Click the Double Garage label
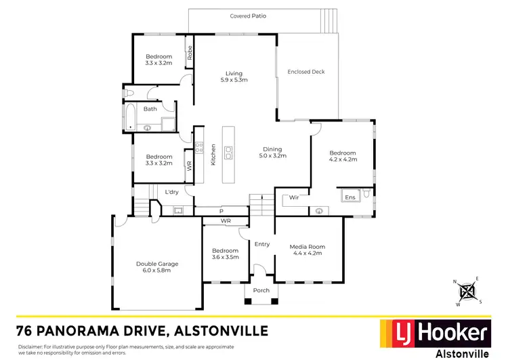tap(153, 264)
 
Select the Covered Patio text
tap(247, 16)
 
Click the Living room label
tap(234, 74)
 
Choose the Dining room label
tap(273, 149)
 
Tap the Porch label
tap(261, 290)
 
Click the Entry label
tap(262, 244)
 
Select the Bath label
tap(150, 108)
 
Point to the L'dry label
tap(171, 192)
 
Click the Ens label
tap(350, 197)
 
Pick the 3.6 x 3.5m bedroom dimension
tap(226, 257)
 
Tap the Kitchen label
tap(213, 155)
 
